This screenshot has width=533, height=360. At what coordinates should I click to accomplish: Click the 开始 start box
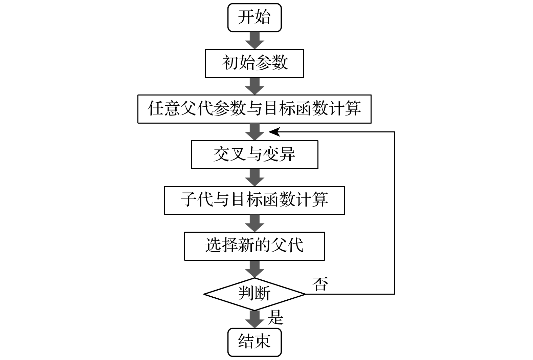(254, 18)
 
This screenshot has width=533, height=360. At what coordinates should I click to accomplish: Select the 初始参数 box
(254, 63)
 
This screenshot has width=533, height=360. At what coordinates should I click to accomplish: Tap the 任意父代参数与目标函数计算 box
(254, 109)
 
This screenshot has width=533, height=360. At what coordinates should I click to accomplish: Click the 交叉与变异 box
(254, 154)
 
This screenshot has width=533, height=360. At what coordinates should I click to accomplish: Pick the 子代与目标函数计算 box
(254, 200)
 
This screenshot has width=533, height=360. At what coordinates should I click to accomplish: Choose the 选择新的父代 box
(254, 246)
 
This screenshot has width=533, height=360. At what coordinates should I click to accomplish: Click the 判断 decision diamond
(254, 294)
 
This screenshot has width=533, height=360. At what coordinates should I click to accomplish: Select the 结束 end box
(254, 341)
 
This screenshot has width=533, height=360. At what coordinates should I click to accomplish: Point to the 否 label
(320, 284)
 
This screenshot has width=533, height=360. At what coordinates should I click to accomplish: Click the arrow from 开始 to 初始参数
(254, 40)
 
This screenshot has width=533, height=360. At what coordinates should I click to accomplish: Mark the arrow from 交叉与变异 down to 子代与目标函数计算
(254, 177)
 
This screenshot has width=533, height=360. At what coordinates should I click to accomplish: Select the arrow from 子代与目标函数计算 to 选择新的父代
(254, 223)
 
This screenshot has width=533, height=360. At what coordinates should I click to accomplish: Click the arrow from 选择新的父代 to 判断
(254, 269)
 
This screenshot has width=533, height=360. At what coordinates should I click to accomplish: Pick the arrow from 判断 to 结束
(254, 319)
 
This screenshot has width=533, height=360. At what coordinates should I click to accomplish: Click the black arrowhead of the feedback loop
(274, 132)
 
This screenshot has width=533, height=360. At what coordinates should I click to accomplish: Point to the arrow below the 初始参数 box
(254, 86)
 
